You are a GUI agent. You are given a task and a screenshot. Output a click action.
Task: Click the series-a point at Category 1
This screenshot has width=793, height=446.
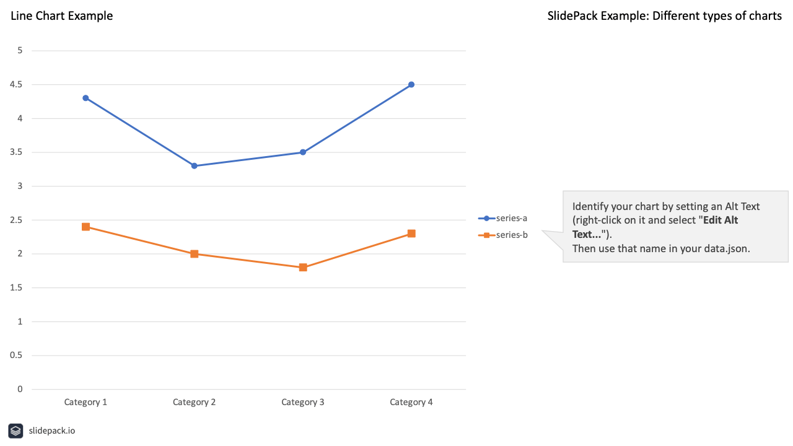[x=85, y=98]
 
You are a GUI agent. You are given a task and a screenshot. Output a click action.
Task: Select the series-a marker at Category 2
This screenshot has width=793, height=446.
[x=194, y=166]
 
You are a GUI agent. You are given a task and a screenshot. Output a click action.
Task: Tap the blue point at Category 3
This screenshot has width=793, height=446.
[x=303, y=152]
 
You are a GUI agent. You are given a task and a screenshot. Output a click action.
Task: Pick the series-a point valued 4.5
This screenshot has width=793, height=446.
[x=411, y=85]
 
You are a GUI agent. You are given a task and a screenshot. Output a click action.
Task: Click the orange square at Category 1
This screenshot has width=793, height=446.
[x=85, y=227]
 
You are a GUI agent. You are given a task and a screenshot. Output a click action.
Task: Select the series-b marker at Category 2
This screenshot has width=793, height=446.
[x=194, y=254]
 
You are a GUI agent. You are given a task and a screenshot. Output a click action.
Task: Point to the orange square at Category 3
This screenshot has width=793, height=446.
[x=303, y=268]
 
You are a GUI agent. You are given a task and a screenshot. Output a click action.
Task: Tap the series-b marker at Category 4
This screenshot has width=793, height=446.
[x=411, y=234]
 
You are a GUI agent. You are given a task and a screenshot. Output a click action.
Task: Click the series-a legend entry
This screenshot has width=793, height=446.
[x=503, y=218]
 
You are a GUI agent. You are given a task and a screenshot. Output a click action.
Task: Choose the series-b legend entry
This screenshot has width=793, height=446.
[x=503, y=235]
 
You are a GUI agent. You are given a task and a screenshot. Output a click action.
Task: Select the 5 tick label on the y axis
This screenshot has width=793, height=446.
[x=20, y=51]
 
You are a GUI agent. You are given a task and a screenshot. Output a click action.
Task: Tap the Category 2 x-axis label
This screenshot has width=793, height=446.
[x=194, y=402]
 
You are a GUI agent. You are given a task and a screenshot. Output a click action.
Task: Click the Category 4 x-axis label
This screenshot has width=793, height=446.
[x=411, y=402]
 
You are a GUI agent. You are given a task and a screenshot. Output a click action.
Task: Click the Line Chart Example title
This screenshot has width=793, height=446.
[x=62, y=16]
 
